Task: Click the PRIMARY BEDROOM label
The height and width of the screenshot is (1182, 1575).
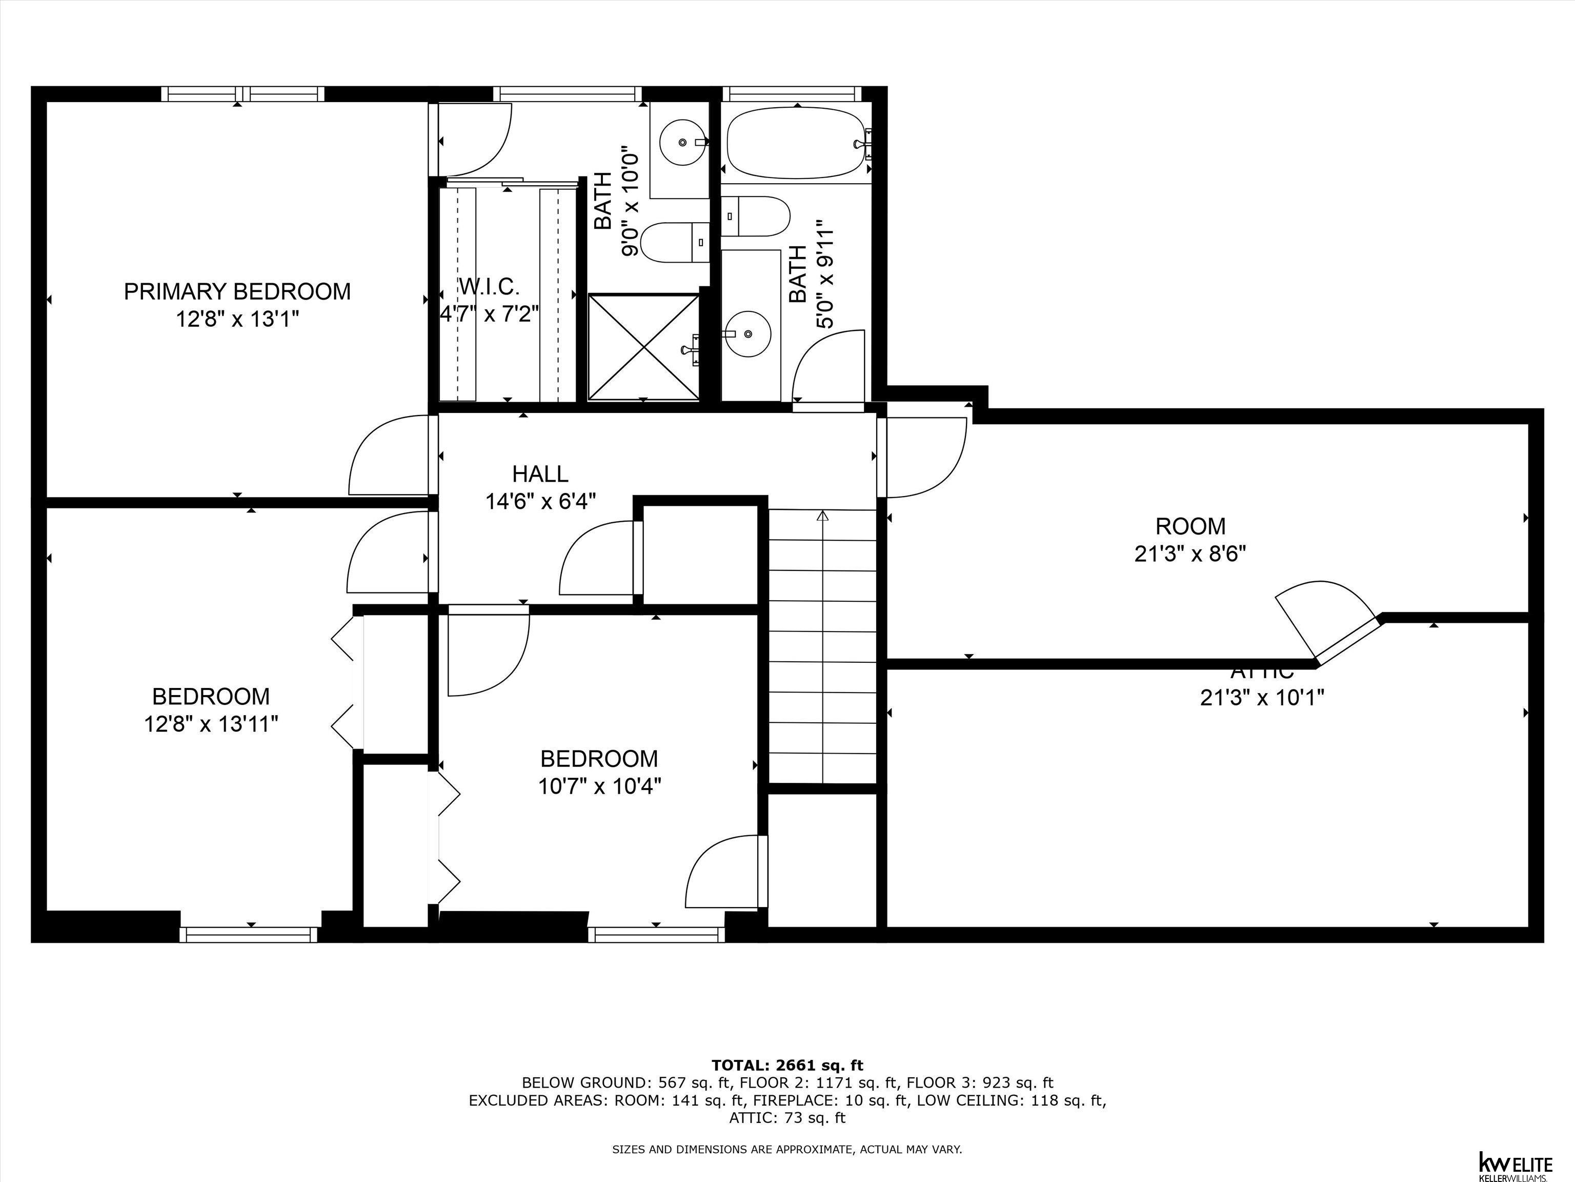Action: click(237, 291)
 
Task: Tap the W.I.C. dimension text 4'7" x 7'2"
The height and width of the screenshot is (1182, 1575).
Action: click(489, 313)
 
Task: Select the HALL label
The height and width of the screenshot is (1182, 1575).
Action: click(540, 474)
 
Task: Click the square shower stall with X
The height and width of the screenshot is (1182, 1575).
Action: click(643, 347)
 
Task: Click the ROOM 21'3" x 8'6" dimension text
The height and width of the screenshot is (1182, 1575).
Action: click(1190, 554)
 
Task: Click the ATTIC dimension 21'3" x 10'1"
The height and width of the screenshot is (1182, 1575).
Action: click(1262, 697)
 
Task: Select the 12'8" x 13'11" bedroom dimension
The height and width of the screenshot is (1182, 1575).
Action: click(211, 724)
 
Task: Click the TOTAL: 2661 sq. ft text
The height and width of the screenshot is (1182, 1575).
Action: click(787, 1065)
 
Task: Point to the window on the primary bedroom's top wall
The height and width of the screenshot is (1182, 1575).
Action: click(242, 94)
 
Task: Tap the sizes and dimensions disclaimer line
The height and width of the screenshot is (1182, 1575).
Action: click(787, 1149)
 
